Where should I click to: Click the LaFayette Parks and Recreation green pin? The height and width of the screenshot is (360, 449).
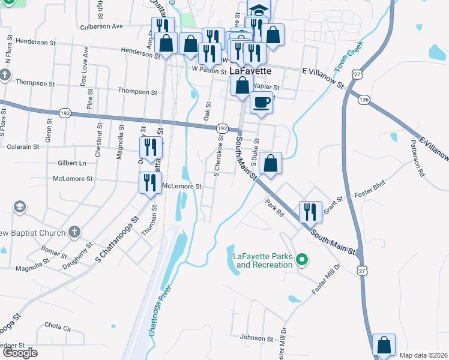[x=303, y=260]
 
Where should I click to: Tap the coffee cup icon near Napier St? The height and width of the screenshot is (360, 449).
[x=261, y=103]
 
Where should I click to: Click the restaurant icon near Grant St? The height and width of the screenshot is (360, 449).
[x=310, y=211]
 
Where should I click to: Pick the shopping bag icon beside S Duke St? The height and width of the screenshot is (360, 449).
[x=271, y=163]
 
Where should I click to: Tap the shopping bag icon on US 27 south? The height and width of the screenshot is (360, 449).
[x=384, y=346]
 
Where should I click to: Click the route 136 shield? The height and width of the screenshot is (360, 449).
[x=364, y=99]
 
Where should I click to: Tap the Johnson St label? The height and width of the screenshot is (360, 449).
[x=257, y=338]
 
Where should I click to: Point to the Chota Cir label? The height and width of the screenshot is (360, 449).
[x=58, y=328]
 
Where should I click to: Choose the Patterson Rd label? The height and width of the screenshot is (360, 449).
[x=417, y=158]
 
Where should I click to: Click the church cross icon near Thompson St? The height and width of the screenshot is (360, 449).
[x=5, y=75]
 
